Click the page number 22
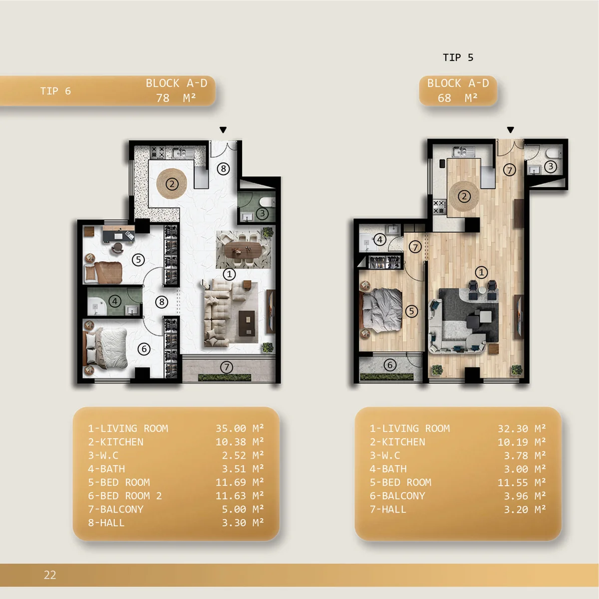point(50,575)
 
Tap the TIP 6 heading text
point(55,91)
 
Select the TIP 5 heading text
point(458,57)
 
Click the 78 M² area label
point(176,98)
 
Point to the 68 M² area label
point(458,98)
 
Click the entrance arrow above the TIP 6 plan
point(223,130)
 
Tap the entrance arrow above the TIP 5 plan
point(511,130)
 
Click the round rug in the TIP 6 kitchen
point(172,184)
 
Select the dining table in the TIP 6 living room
point(244,250)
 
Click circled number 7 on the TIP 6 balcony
point(227,367)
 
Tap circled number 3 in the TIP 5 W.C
point(551,167)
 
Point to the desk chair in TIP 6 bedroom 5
point(117,248)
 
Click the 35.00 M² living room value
point(240,428)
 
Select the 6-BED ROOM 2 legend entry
point(125,496)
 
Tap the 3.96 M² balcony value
point(525,496)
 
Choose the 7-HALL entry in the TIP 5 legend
point(388,510)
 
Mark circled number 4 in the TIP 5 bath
point(380,240)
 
